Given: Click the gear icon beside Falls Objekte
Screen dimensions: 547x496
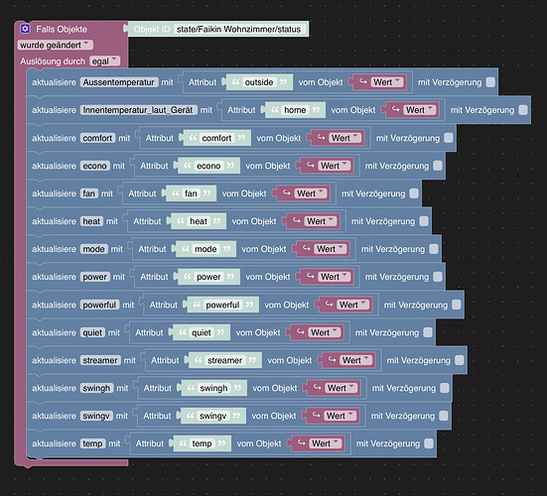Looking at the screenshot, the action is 25,29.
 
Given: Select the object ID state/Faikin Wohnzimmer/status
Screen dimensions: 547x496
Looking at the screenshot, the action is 238,30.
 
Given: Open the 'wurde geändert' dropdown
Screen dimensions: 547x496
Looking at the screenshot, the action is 56,45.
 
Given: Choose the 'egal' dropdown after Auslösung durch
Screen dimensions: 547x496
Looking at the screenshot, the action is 104,62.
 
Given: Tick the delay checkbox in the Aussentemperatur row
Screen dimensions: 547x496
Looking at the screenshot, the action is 490,82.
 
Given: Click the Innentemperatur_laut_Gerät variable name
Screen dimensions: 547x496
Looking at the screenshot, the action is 139,110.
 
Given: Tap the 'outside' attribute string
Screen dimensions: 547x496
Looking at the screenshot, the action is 259,82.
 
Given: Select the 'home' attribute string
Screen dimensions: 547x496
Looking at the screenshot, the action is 295,110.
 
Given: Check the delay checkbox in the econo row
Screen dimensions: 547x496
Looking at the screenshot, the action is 438,166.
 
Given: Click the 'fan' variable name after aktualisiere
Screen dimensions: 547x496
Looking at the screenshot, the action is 89,193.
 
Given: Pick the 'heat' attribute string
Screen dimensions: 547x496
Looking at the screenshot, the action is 199,221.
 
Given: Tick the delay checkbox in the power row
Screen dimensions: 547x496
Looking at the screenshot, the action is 438,277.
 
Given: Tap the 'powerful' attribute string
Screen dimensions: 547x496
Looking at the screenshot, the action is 222,305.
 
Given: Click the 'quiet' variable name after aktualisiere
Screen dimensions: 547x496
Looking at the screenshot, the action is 92,332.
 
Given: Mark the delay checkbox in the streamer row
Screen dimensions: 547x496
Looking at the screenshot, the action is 460,360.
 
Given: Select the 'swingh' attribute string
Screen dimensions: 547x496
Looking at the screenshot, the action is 213,388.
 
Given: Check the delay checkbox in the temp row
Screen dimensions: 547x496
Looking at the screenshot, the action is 429,443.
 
